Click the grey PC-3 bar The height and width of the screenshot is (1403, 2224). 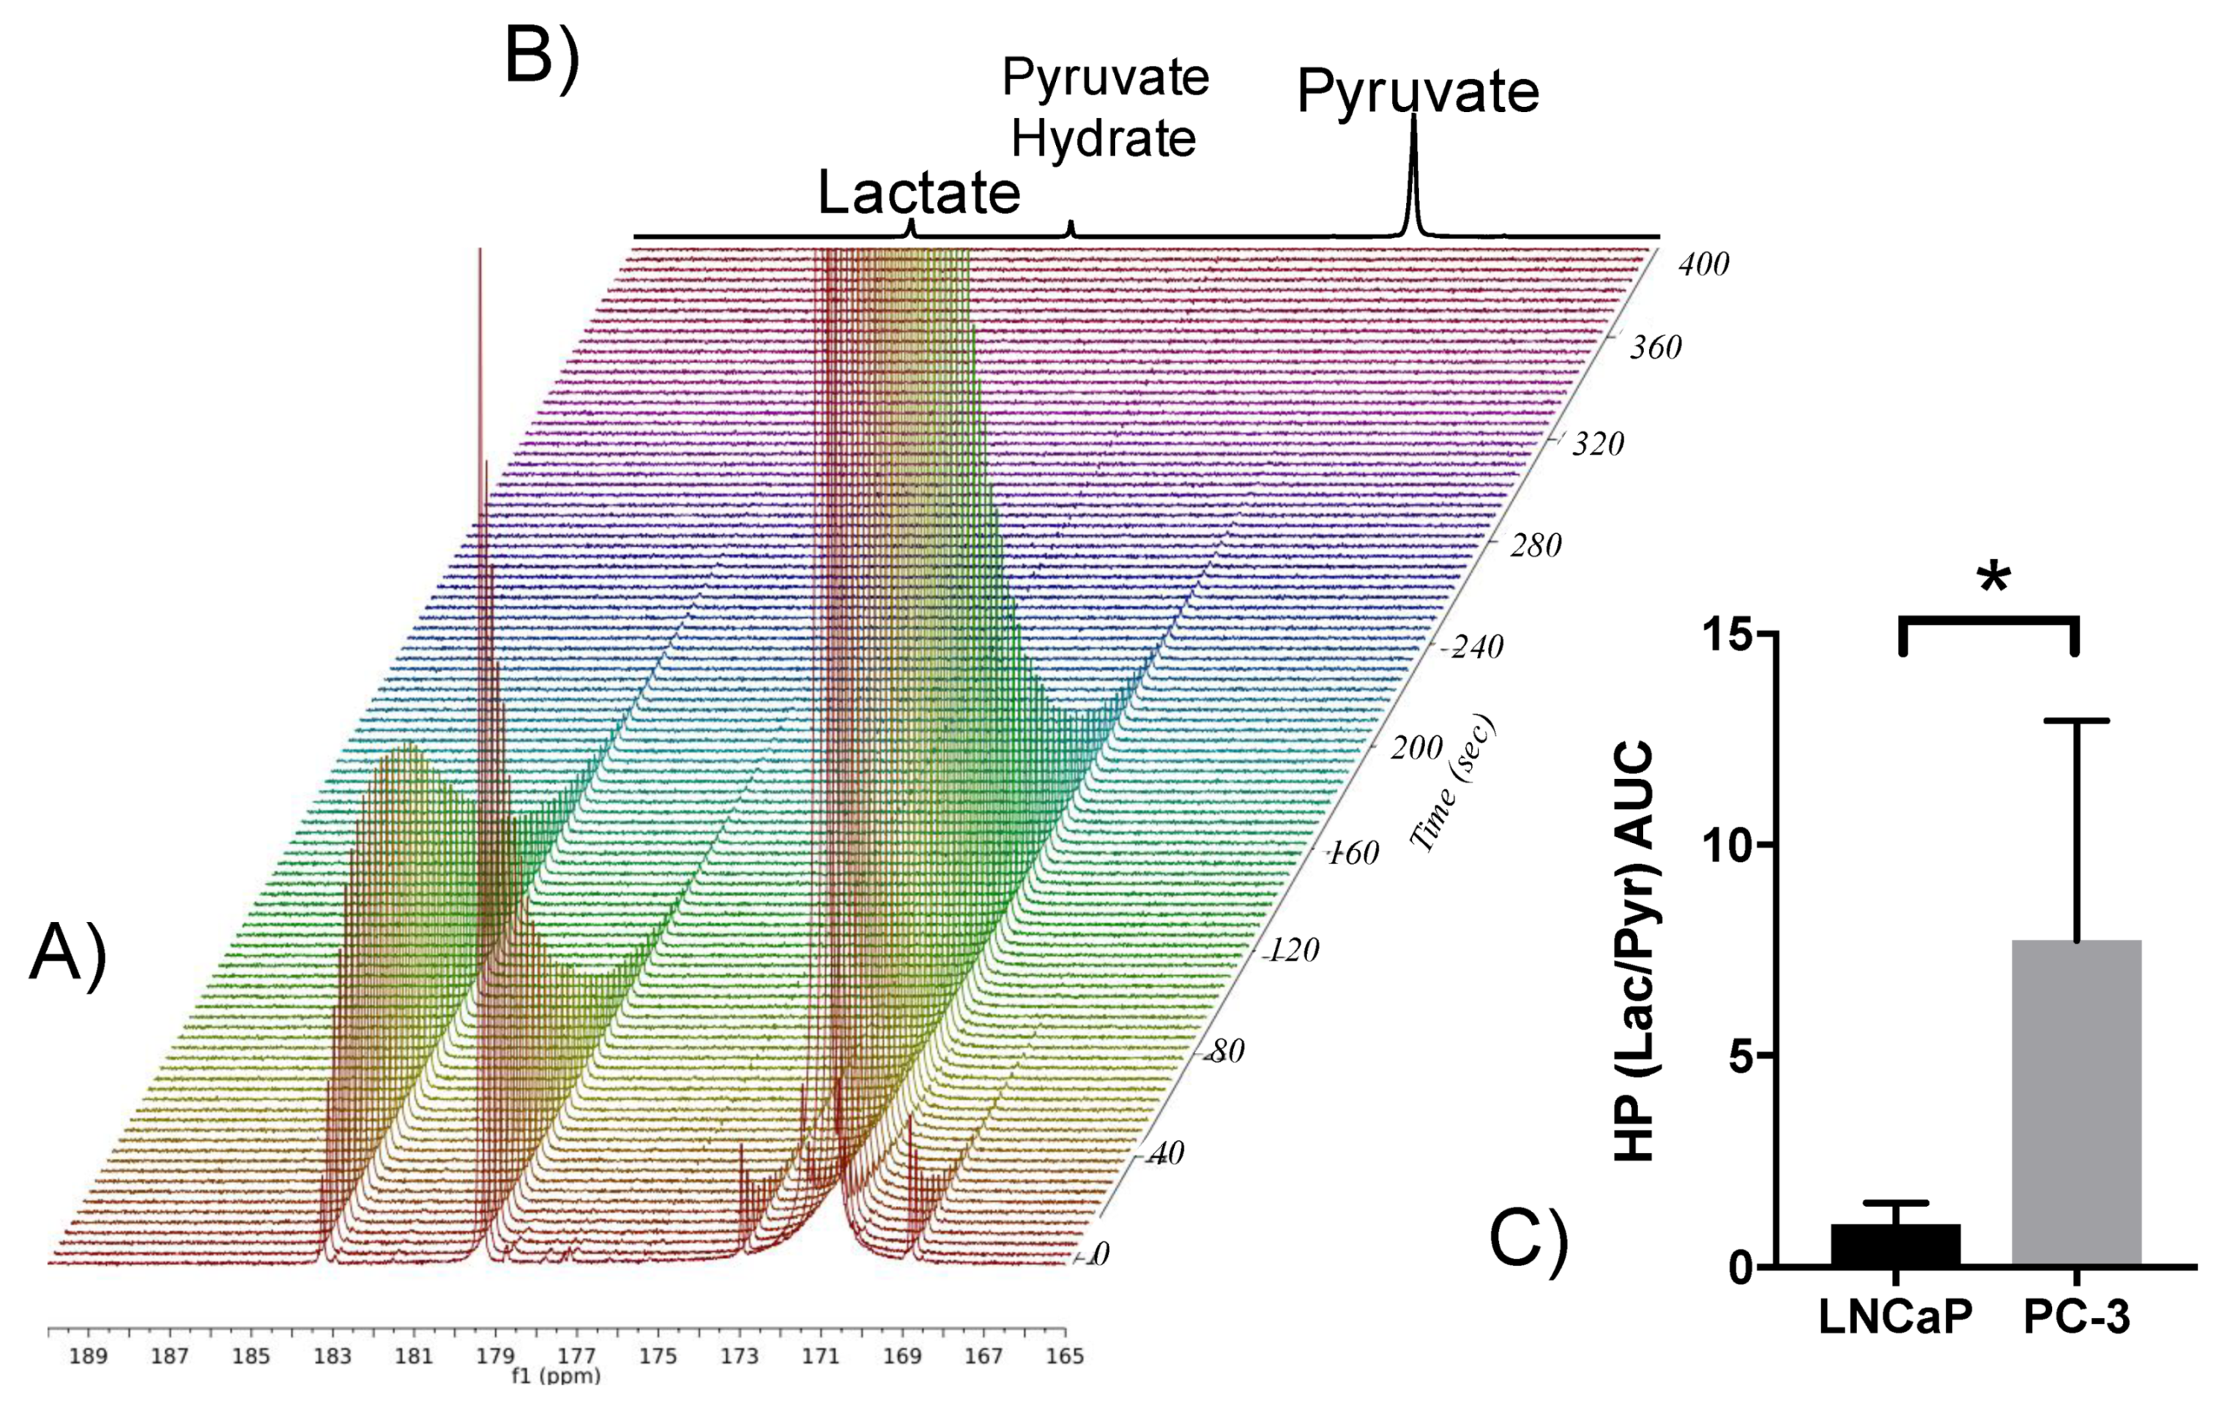point(2075,1104)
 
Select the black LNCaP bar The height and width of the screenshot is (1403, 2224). point(1895,1244)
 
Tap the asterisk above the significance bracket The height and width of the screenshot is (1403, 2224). point(1994,579)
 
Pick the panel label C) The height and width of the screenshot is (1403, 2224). point(1528,1240)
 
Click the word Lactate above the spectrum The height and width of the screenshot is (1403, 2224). point(919,192)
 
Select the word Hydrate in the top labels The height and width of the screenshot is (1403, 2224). point(1104,138)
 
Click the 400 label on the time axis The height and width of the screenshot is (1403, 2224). point(1703,265)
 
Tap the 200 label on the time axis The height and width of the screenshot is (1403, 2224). point(1416,747)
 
